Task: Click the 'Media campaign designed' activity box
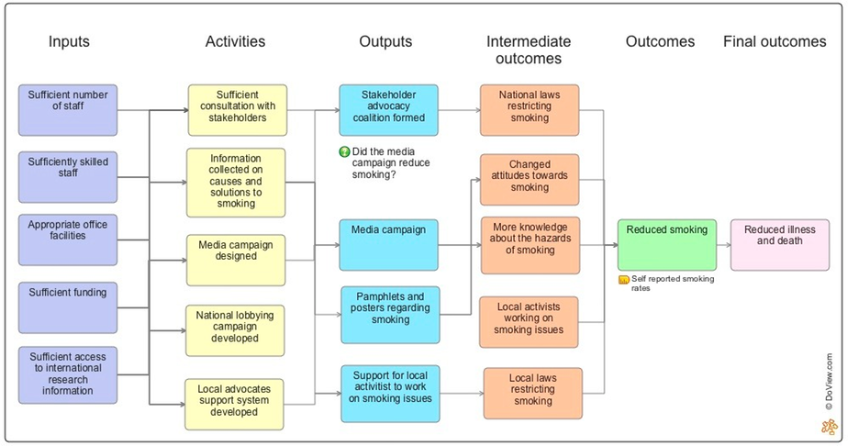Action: click(237, 260)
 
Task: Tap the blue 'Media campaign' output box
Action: click(388, 244)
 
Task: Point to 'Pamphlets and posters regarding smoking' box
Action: click(390, 313)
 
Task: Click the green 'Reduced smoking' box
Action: click(665, 244)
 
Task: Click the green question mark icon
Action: click(344, 152)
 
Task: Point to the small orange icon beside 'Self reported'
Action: click(623, 279)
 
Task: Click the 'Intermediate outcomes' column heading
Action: click(529, 50)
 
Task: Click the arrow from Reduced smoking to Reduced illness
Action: click(722, 245)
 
